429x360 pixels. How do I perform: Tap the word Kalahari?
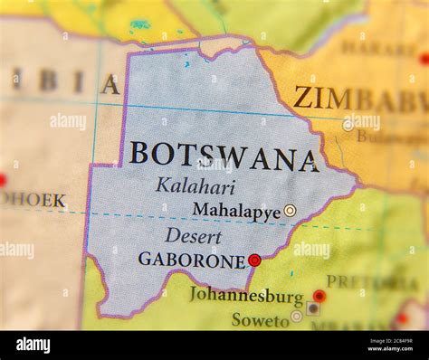point(195,187)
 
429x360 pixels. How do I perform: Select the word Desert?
point(193,237)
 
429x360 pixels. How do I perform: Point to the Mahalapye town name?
point(235,211)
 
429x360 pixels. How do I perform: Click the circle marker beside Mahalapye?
point(290,211)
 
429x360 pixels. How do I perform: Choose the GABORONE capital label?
point(192,261)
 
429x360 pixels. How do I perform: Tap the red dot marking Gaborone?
point(254,261)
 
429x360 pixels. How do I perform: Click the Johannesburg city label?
point(246,297)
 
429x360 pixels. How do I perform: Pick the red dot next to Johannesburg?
point(319,296)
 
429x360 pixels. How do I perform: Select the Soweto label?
point(261,319)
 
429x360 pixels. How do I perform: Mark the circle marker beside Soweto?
point(297,317)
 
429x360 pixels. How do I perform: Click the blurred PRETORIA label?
point(358,281)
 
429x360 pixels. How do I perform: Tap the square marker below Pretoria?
point(312,308)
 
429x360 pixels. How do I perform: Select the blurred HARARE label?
point(378,47)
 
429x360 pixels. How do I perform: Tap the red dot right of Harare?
point(424,59)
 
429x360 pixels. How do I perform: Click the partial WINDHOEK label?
point(33,200)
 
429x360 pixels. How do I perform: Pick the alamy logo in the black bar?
point(33,345)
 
